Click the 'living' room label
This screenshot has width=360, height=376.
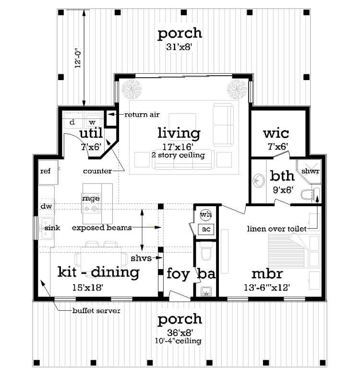pos(179,133)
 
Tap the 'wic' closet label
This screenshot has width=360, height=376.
pos(276,133)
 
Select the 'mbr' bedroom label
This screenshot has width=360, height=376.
pos(267,274)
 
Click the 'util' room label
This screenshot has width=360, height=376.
pos(91,133)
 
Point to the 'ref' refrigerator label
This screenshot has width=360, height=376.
pos(45,171)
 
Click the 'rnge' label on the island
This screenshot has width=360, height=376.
pos(90,198)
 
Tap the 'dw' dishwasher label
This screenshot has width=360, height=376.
pos(46,206)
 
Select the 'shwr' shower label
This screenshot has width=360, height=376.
pos(310,171)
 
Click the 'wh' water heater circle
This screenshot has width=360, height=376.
pos(205,214)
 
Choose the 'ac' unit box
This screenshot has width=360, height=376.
pos(206,229)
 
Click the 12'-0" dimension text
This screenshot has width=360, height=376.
pos(78,59)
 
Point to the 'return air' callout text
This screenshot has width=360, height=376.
pos(142,115)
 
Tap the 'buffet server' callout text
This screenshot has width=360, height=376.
pos(96,311)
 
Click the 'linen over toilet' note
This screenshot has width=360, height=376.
pos(276,229)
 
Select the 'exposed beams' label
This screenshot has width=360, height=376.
pos(102,227)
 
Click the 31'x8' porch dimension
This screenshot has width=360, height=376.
pos(179,47)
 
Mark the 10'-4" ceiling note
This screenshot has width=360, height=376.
pos(178,341)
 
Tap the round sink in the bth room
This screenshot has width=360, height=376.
pos(259,180)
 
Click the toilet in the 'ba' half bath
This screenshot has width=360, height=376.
pos(206,251)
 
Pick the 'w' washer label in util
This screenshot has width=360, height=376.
pos(92,122)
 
